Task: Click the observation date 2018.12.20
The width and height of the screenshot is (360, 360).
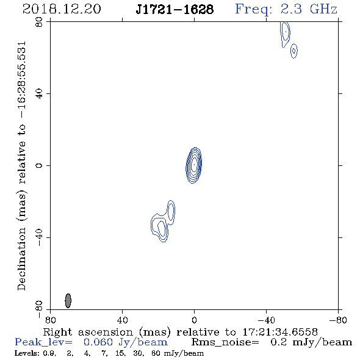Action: pyautogui.click(x=62, y=9)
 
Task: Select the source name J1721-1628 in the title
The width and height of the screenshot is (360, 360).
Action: pyautogui.click(x=175, y=9)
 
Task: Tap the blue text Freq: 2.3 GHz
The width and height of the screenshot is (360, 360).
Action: pyautogui.click(x=286, y=9)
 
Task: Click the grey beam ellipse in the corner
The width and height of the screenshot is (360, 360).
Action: pyautogui.click(x=68, y=301)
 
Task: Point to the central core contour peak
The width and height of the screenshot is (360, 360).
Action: pyautogui.click(x=194, y=165)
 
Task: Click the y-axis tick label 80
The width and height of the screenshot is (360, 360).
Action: pyautogui.click(x=39, y=22)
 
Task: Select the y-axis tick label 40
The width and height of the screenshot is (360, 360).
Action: pyautogui.click(x=39, y=94)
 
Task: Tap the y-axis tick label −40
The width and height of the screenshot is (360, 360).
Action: pyautogui.click(x=39, y=237)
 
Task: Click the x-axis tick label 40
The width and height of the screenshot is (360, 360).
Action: pyautogui.click(x=122, y=320)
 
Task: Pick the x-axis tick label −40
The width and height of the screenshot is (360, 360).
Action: pyautogui.click(x=266, y=320)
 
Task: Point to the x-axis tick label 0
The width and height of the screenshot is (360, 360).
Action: pyautogui.click(x=194, y=320)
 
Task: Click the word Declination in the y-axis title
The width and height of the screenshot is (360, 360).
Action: pyautogui.click(x=21, y=259)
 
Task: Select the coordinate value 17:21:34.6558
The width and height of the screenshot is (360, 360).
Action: pyautogui.click(x=280, y=332)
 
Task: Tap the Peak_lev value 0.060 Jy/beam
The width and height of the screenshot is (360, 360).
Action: pyautogui.click(x=126, y=342)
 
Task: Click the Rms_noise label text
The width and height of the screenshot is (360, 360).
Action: pyautogui.click(x=225, y=342)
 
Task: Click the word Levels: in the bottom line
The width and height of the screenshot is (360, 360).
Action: pyautogui.click(x=27, y=353)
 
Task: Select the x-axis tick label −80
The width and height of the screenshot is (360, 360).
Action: pyautogui.click(x=338, y=320)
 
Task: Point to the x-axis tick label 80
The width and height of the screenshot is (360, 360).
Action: pyautogui.click(x=50, y=320)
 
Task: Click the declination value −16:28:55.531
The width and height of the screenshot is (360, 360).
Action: pyautogui.click(x=21, y=80)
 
